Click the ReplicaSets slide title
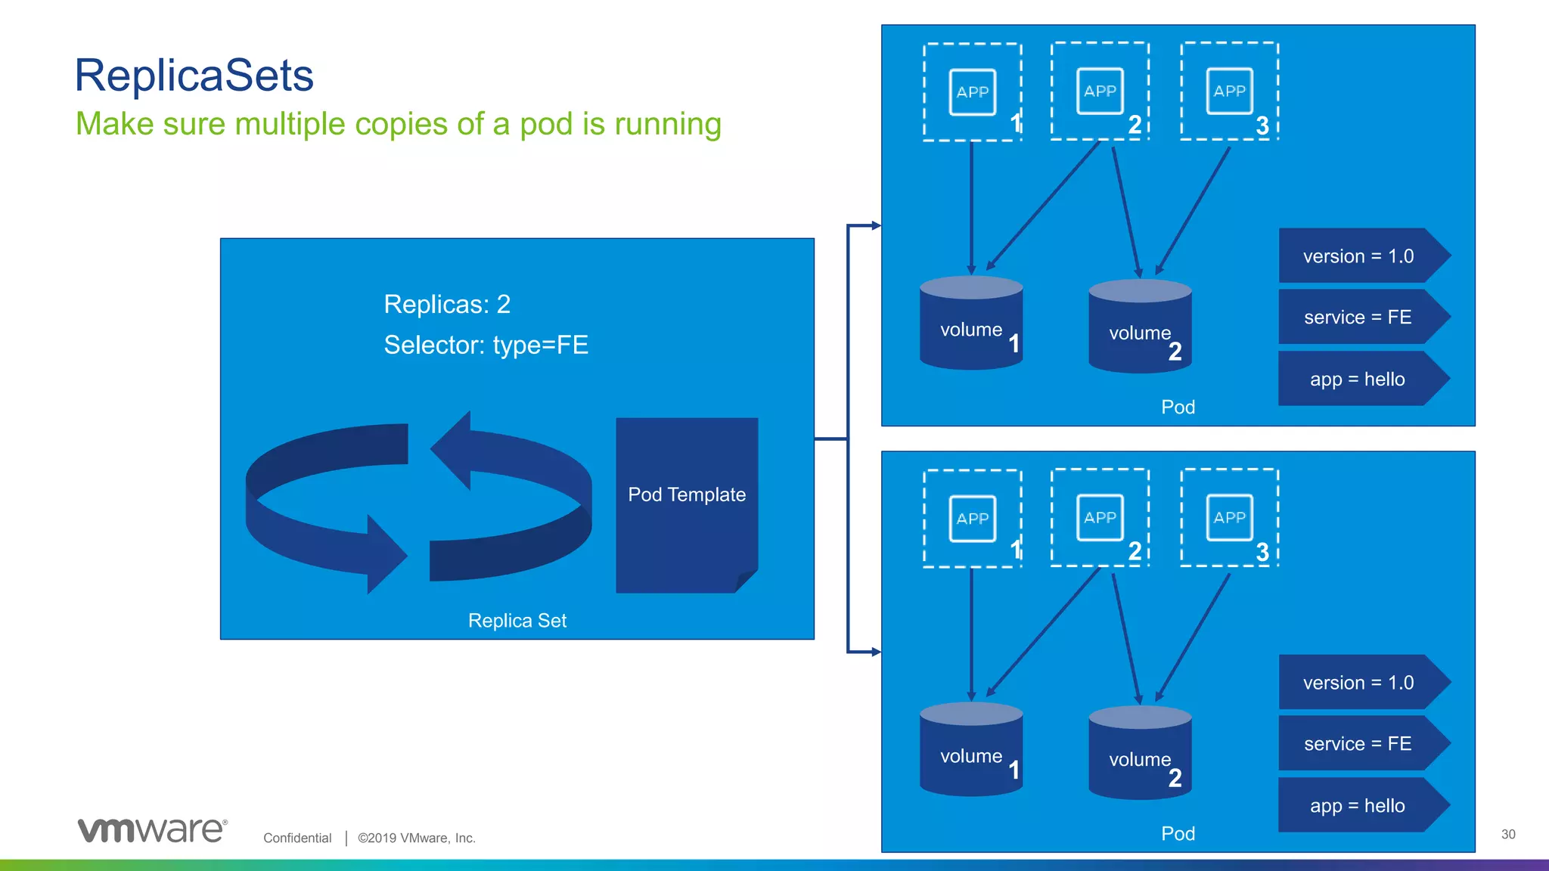[x=194, y=76]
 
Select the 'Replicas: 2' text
[x=447, y=304]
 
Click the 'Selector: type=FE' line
[x=486, y=345]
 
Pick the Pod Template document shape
[x=687, y=504]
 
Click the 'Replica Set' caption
[x=517, y=621]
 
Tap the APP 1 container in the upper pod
[x=973, y=92]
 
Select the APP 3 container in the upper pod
[x=1229, y=91]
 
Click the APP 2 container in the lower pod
[x=1100, y=518]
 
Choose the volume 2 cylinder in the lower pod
[x=1140, y=753]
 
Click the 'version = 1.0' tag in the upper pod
[x=1358, y=256]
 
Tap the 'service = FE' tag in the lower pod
[x=1358, y=744]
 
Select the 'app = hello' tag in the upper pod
[x=1358, y=380]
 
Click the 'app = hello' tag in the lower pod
[x=1358, y=806]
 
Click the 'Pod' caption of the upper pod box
[x=1178, y=408]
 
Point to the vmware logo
[x=152, y=830]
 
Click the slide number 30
[x=1508, y=835]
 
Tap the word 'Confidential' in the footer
[x=297, y=838]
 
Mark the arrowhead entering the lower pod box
[x=876, y=652]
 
